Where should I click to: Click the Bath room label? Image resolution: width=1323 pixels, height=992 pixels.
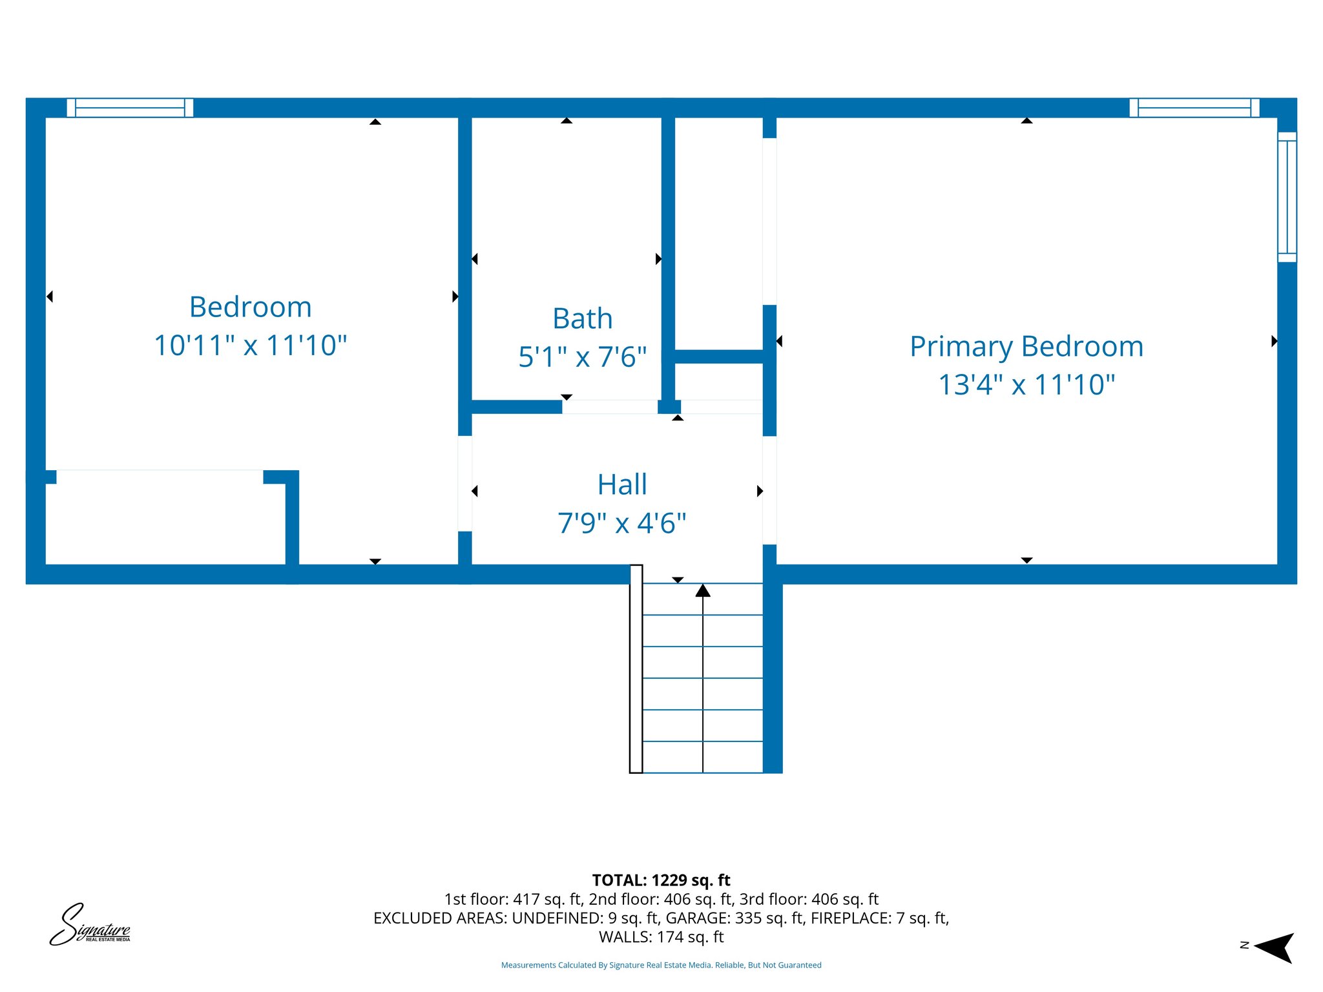tap(582, 318)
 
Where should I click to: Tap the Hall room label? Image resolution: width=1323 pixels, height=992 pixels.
tap(621, 484)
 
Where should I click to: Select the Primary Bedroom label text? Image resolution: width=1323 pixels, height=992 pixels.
tap(1026, 346)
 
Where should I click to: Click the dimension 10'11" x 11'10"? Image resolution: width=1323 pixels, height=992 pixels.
tap(250, 346)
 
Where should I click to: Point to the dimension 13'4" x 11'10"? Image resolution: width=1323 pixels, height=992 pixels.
tap(1026, 385)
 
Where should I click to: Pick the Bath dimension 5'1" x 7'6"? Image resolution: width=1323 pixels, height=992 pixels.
tap(582, 357)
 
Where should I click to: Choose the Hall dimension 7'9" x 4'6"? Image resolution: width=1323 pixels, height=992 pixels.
tap(621, 523)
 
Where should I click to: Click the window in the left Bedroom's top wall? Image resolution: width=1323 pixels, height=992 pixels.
tap(130, 108)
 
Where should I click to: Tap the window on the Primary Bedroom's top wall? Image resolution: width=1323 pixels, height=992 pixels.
tap(1194, 108)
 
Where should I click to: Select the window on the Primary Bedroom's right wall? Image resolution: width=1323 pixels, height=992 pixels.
tap(1287, 197)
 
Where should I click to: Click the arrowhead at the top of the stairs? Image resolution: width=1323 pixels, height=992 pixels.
tap(703, 590)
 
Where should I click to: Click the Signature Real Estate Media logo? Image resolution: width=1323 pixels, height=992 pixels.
tap(90, 925)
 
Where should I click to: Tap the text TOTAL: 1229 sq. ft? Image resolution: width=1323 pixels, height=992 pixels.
tap(661, 880)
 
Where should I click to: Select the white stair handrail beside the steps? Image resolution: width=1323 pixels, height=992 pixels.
tap(636, 668)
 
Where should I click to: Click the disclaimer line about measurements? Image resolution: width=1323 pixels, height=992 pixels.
tap(661, 965)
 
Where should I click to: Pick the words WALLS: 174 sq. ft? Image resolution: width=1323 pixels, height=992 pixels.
tap(661, 937)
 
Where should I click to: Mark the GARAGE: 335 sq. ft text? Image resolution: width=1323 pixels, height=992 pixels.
tap(735, 918)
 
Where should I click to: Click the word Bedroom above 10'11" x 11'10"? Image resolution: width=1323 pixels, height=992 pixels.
tap(250, 307)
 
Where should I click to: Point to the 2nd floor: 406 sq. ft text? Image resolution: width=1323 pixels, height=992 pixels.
tap(661, 899)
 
